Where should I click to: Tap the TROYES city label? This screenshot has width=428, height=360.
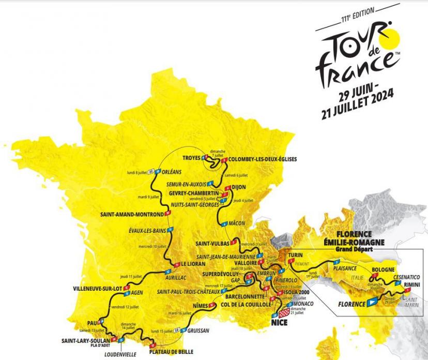[193, 158]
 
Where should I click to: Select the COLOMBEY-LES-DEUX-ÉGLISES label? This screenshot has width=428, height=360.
[263, 159]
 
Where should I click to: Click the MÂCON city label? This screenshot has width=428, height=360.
[237, 223]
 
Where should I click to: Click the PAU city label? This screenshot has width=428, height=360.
[93, 321]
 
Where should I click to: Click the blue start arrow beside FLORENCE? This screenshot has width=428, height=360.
[372, 304]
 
